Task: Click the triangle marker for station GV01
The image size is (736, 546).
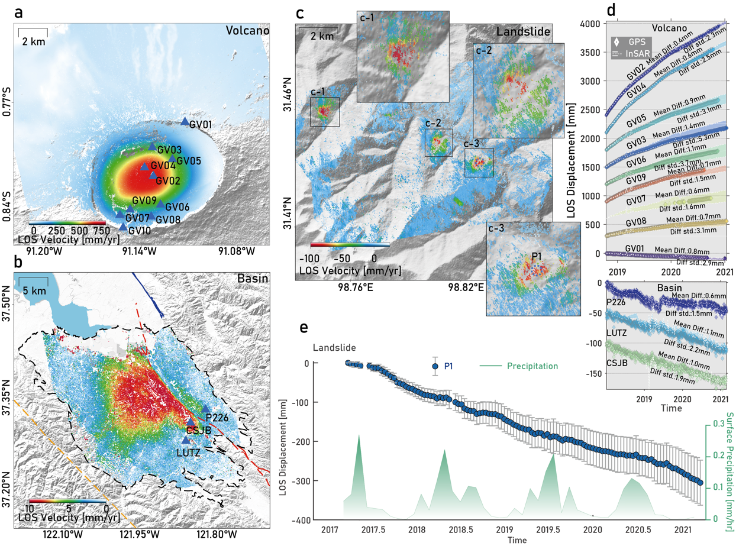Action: [185, 122]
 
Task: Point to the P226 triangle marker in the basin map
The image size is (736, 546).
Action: [205, 409]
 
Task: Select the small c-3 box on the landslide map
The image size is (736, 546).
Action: [479, 163]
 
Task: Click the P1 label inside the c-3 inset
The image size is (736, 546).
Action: [537, 256]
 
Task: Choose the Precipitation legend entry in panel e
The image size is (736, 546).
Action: [532, 366]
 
